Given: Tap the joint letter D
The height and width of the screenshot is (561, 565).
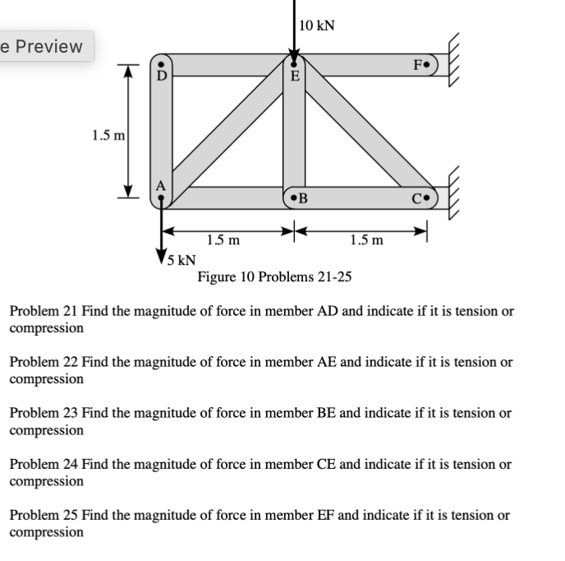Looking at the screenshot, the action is (x=163, y=76).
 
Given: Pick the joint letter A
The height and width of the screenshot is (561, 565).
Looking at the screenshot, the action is (x=161, y=186).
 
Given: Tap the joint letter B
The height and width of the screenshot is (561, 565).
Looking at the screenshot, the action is (x=302, y=198).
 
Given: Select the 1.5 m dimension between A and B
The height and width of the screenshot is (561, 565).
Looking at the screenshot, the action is (x=223, y=240).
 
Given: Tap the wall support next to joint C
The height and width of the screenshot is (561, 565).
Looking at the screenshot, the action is (x=457, y=195).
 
